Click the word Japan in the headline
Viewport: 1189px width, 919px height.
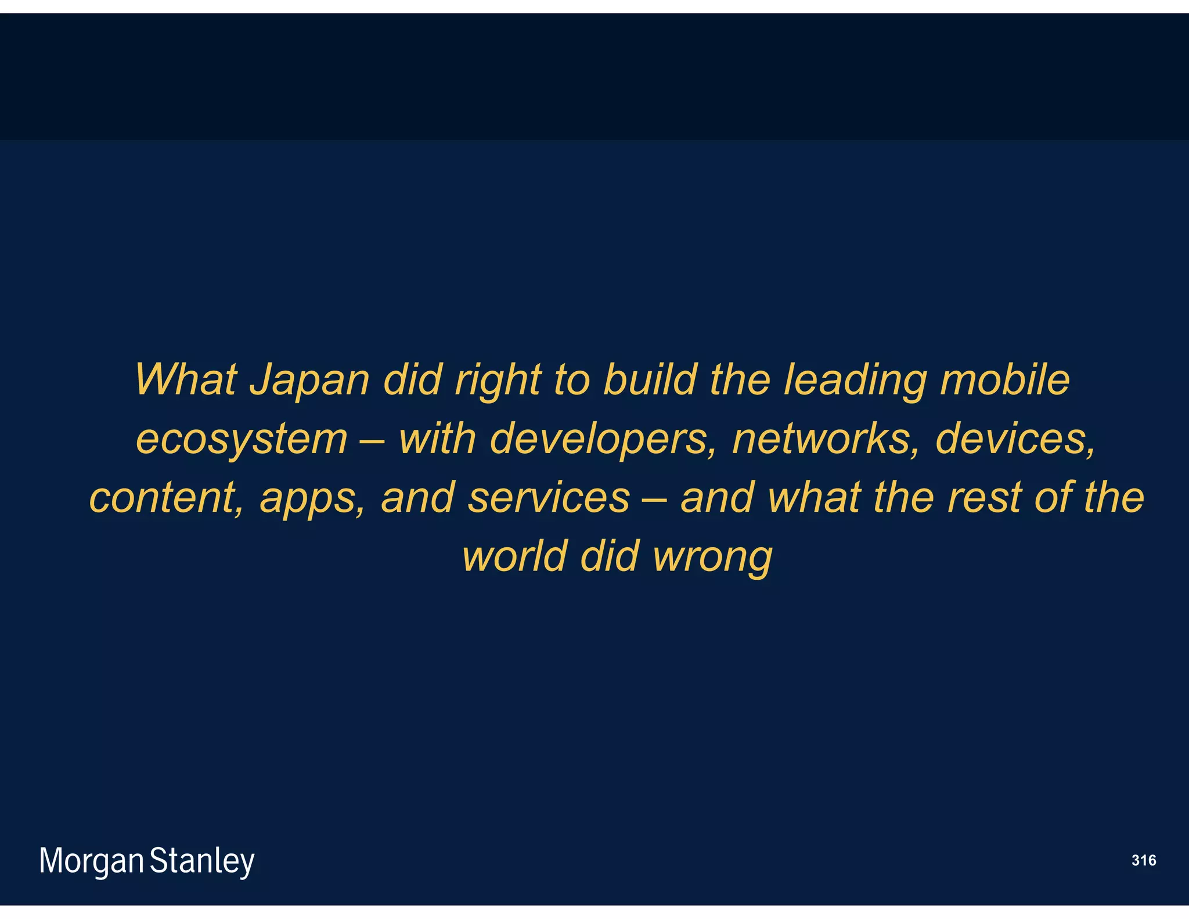[309, 380]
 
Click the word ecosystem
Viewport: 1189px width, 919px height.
[242, 440]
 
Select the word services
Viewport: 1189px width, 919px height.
[549, 498]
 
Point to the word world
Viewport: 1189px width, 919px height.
[514, 556]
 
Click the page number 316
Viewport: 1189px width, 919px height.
[1143, 860]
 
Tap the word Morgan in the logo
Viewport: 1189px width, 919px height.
[91, 861]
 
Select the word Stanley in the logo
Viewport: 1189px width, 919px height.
[202, 861]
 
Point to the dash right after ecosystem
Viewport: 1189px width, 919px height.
[372, 440]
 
